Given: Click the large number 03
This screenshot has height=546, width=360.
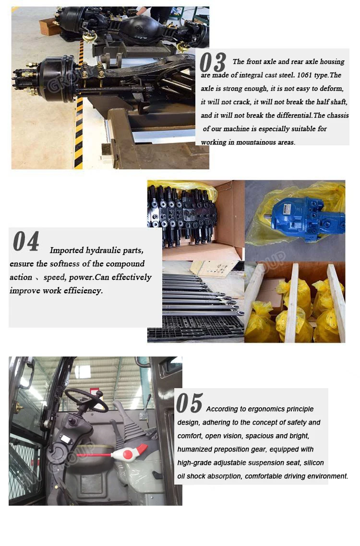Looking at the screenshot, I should pos(213,62).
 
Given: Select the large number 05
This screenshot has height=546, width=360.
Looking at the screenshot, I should pos(189,404).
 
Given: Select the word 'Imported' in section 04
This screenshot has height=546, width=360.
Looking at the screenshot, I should pos(67,250).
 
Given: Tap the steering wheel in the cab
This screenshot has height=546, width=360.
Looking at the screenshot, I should pos(86,400).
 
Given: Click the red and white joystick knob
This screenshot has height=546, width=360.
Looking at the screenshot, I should pos(129,453).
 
